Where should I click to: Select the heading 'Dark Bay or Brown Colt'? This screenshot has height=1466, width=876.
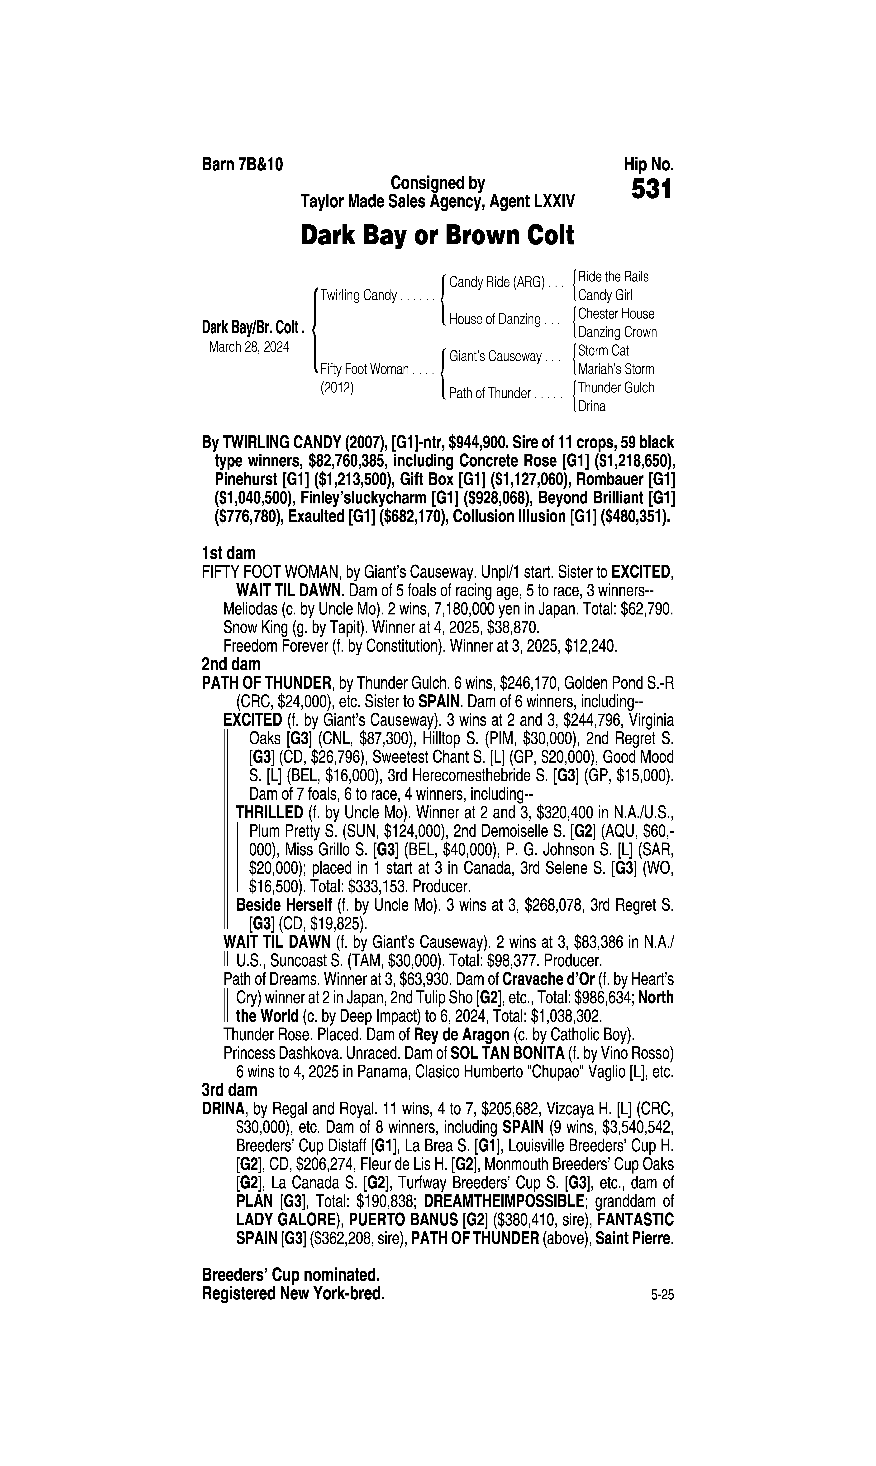click(437, 236)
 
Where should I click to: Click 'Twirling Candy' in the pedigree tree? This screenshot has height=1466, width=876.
click(358, 295)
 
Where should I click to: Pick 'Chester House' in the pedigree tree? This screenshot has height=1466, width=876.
click(616, 314)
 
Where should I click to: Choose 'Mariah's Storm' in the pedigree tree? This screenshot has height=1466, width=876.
click(616, 369)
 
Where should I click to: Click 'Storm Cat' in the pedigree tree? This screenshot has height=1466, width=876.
click(603, 350)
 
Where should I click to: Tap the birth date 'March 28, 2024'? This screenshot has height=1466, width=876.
click(248, 347)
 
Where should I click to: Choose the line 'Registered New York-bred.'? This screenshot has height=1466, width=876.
click(293, 1294)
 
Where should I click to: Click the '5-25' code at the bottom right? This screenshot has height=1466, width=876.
click(662, 1295)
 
